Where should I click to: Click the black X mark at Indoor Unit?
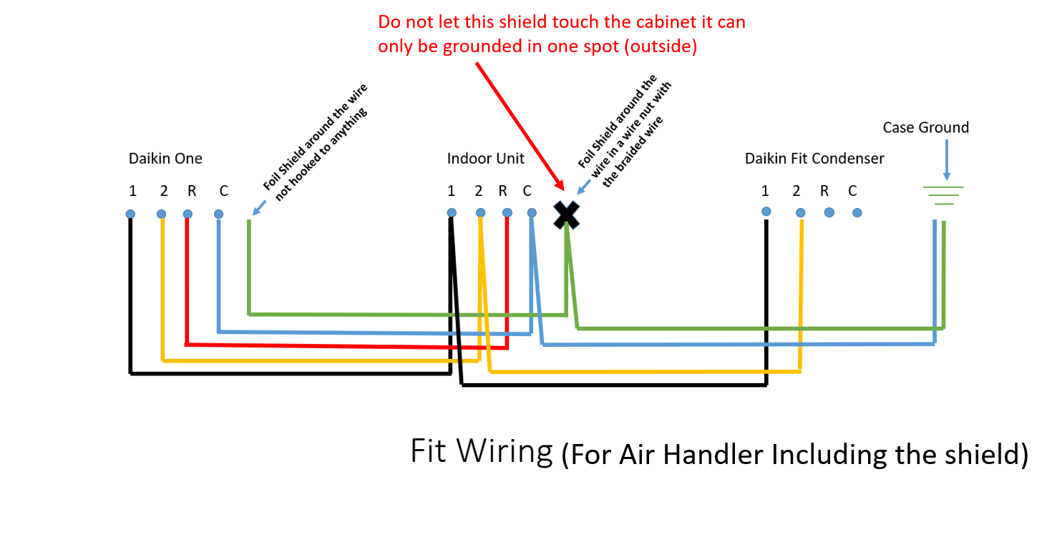click(566, 214)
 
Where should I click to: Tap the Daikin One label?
click(165, 159)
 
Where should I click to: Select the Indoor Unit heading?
click(485, 159)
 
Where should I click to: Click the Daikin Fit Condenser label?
click(814, 159)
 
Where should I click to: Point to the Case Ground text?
click(925, 127)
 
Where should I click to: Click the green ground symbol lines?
click(944, 195)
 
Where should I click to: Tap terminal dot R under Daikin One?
click(187, 214)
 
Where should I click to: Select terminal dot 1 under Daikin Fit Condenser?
click(766, 211)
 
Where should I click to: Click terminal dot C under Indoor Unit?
click(531, 212)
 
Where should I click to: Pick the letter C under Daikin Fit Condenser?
click(852, 191)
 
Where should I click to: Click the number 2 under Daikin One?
click(164, 191)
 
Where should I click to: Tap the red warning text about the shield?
click(561, 34)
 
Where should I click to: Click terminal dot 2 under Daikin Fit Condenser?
click(801, 212)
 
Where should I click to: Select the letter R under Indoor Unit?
click(502, 191)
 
